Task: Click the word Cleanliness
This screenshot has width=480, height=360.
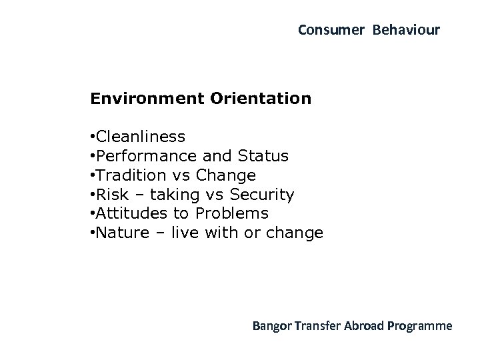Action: click(141, 137)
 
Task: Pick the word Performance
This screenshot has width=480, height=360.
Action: click(146, 156)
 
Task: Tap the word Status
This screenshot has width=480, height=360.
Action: click(263, 156)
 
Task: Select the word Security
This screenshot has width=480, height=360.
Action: click(262, 195)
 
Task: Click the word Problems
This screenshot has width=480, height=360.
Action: click(231, 213)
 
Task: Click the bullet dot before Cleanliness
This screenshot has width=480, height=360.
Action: click(92, 137)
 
